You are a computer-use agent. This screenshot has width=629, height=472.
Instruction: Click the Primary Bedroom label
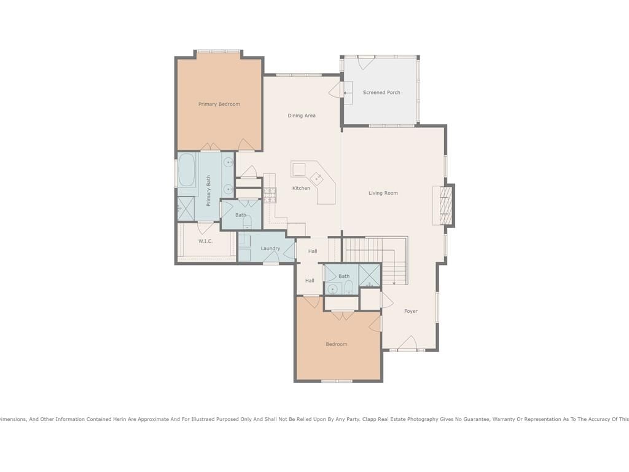tap(219, 104)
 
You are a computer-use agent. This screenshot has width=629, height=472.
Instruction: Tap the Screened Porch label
tap(381, 92)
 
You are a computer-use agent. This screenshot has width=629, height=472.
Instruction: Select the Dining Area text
tap(301, 116)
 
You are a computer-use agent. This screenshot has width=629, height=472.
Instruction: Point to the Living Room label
tap(383, 193)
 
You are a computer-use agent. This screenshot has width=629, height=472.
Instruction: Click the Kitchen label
tap(301, 188)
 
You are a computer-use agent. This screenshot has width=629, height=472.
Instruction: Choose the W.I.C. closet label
tap(205, 241)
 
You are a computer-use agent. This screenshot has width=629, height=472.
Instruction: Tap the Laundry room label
tap(270, 248)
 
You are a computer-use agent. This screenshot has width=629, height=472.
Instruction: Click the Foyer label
tap(411, 311)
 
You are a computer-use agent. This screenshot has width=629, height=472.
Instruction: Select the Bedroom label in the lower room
tap(336, 344)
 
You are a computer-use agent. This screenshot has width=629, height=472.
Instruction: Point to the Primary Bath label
tap(209, 191)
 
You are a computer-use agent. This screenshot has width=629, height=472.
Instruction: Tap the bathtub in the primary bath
tap(187, 170)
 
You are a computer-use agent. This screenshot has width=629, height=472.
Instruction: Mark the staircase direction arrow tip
tap(394, 284)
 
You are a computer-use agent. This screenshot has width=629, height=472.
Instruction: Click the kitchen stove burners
tap(270, 195)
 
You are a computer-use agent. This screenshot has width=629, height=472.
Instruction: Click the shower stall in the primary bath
tap(186, 208)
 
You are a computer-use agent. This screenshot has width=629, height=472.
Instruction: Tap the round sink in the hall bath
tap(332, 289)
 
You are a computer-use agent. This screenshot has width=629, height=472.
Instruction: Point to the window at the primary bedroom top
tap(219, 52)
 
